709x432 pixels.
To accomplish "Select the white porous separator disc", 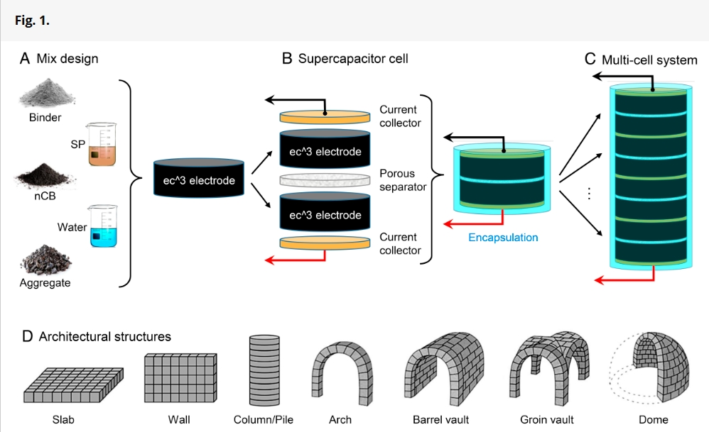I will coord(325,180).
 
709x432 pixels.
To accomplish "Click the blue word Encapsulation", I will coord(503,238).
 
